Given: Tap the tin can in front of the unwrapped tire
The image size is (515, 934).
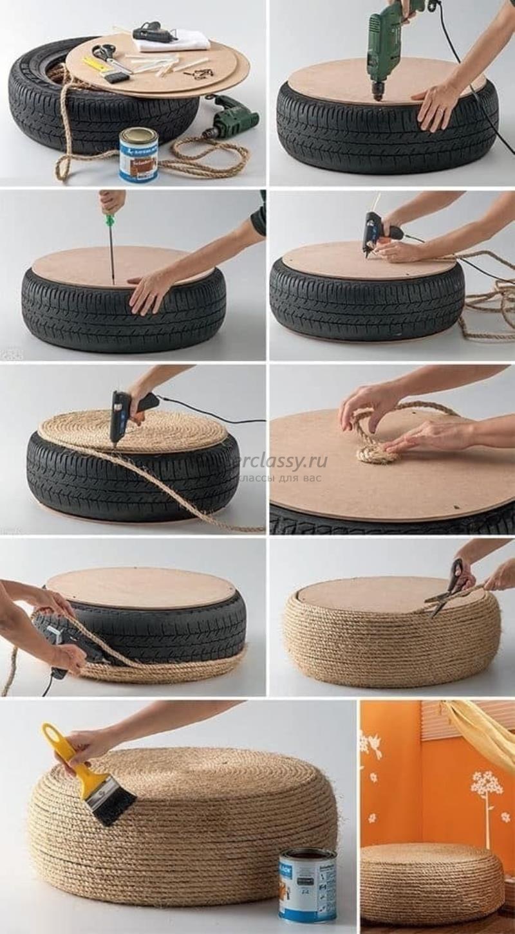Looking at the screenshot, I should (138, 155).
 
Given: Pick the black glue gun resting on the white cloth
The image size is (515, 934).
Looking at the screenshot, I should (155, 32).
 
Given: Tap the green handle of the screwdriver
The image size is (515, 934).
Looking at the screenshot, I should (110, 221).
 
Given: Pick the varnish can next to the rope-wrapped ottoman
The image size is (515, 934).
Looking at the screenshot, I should (307, 884).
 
